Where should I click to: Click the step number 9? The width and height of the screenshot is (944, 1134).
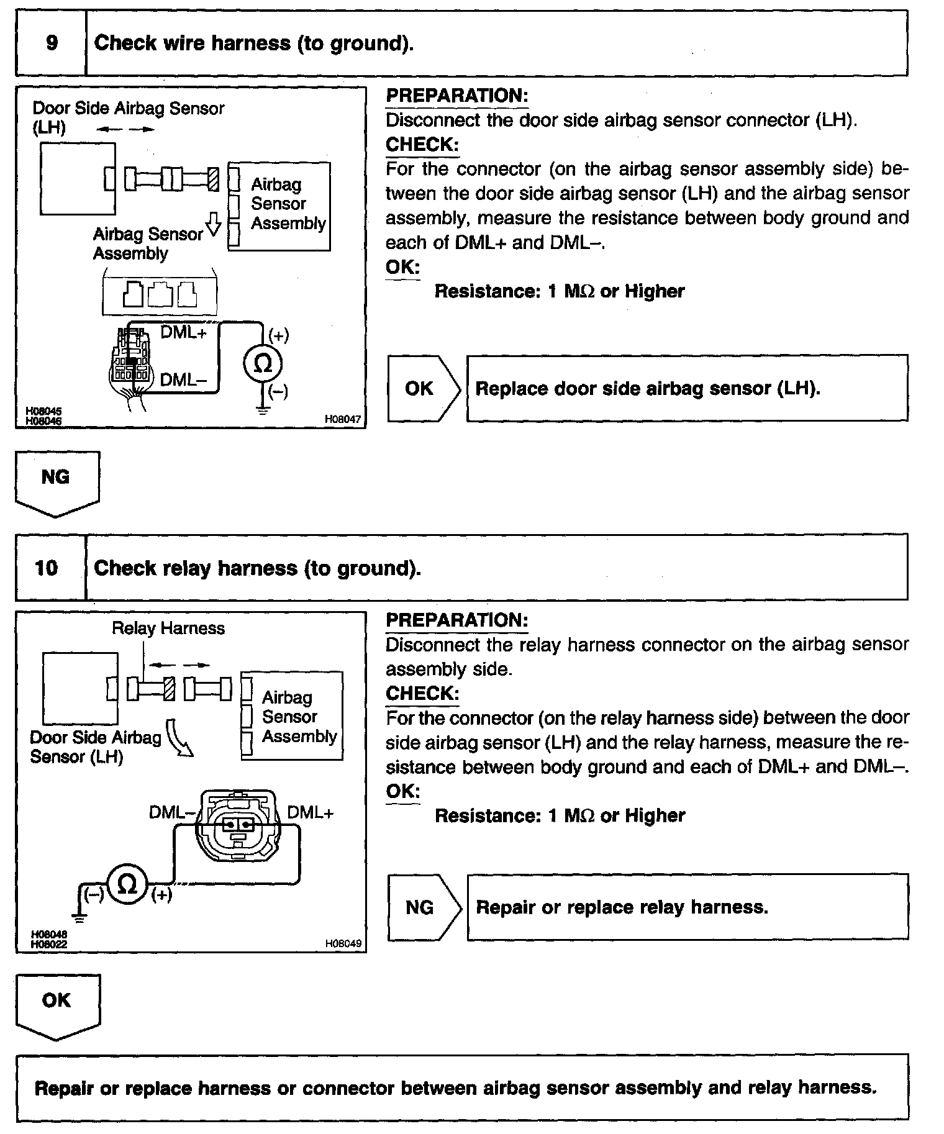click(52, 43)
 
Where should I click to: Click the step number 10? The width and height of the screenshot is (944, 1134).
click(47, 568)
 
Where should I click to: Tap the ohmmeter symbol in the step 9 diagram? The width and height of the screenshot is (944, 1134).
click(263, 364)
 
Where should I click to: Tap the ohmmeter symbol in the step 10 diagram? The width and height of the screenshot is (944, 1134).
click(127, 884)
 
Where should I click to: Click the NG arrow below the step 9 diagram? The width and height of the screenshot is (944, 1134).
click(57, 483)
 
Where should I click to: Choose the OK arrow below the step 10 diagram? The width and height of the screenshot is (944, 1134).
click(57, 1005)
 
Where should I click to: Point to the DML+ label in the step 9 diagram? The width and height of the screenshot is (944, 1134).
click(183, 332)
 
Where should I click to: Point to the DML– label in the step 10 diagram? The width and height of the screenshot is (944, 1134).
click(171, 812)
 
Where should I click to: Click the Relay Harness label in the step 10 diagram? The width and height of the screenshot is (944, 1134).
click(168, 628)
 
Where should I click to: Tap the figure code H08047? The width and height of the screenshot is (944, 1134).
click(342, 419)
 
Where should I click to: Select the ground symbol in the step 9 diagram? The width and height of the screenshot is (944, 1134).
click(263, 410)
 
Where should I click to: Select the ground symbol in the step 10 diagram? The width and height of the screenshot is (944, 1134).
click(79, 917)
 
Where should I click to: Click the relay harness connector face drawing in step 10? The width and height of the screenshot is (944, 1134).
click(238, 827)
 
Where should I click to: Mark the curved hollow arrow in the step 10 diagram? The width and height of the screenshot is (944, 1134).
click(179, 738)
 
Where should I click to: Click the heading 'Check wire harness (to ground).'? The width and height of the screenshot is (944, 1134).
click(253, 43)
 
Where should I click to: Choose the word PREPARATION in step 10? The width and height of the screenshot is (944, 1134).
click(456, 620)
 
